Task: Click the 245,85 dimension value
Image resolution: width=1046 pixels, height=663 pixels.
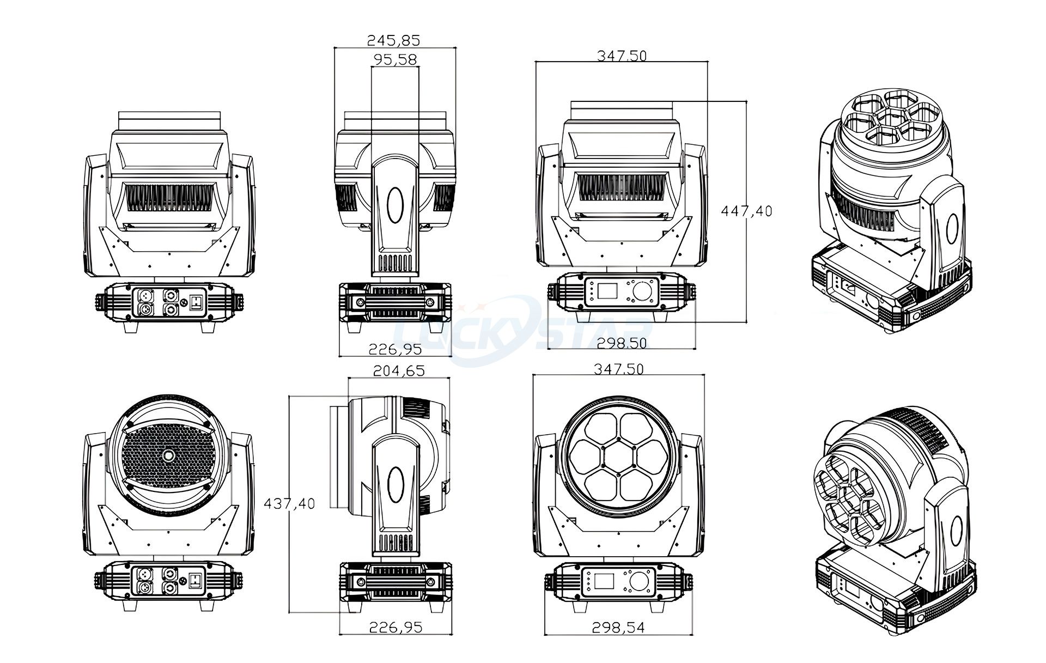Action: coord(393,40)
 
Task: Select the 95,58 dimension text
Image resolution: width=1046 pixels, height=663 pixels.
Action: coord(396,59)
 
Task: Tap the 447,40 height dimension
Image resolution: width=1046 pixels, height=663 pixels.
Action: coord(746,211)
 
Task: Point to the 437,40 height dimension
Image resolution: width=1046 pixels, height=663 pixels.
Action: coord(289,503)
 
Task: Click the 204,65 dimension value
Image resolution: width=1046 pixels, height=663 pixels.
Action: coord(398,371)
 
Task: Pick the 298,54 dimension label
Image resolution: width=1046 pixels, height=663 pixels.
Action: coord(618,628)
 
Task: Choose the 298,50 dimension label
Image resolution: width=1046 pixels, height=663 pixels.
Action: coord(622,343)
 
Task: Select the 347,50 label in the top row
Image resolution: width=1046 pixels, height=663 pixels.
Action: coord(622,56)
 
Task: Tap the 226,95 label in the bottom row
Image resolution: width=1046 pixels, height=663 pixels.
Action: coord(396,628)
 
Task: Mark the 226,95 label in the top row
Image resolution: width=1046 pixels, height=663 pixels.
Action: coord(396,349)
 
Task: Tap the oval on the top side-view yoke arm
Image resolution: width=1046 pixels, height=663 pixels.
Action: coord(396,204)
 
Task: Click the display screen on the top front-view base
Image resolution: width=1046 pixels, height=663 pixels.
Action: coord(604,290)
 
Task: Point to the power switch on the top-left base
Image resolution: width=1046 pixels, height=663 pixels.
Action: coord(196,301)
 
